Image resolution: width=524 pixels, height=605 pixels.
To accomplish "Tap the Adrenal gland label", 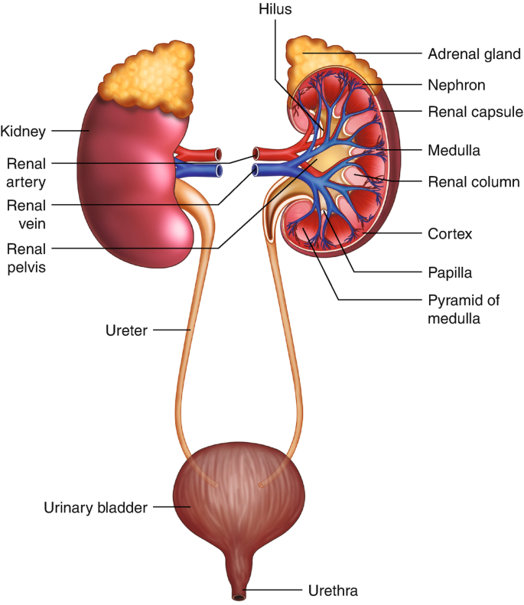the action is [x=474, y=54].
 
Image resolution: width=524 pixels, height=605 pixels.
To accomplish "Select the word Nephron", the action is [x=457, y=85].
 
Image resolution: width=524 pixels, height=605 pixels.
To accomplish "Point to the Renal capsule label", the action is [x=475, y=112].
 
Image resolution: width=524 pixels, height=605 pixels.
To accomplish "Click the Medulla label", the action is [x=454, y=151].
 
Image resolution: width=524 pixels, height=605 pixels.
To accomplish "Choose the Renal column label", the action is [x=474, y=182].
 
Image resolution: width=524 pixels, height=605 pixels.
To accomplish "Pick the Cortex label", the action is [x=450, y=234].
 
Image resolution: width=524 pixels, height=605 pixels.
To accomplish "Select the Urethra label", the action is [x=333, y=590].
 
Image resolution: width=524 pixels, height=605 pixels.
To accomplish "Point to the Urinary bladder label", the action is [x=95, y=506].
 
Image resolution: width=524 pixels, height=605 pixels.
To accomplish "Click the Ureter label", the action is [x=127, y=330].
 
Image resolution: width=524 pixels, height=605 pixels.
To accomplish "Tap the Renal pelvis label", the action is [x=28, y=257].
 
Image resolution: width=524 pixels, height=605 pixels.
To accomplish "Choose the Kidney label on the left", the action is [x=24, y=131].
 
